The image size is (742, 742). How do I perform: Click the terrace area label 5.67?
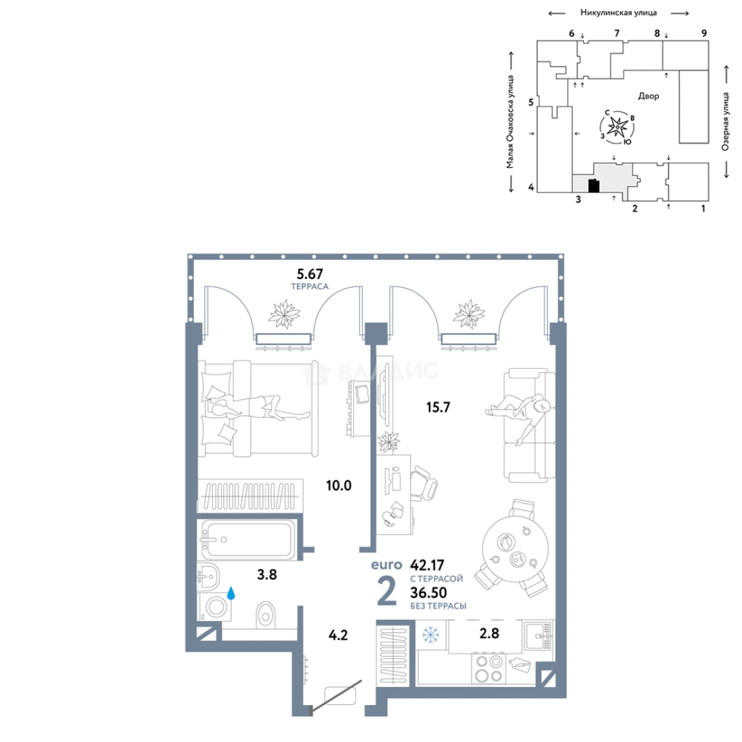309,274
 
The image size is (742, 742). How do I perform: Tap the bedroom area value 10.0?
339,486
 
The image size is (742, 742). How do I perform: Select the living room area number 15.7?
438,407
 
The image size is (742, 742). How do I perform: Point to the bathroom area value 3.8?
267,574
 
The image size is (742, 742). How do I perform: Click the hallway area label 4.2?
338,635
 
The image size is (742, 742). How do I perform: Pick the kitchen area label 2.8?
489,633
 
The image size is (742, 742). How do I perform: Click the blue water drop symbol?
231,593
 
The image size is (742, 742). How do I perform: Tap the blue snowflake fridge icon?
431,635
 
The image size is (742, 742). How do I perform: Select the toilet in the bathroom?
265,615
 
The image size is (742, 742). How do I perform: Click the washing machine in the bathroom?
215,607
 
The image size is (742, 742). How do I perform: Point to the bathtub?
247,539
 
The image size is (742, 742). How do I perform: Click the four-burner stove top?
489,668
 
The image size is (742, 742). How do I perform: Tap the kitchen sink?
538,636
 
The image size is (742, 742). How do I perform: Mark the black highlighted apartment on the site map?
594,186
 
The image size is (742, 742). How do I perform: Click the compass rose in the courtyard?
617,127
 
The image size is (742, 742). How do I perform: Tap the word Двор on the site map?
649,96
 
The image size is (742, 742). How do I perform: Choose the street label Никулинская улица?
618,13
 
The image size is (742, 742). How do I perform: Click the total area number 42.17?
427,565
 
